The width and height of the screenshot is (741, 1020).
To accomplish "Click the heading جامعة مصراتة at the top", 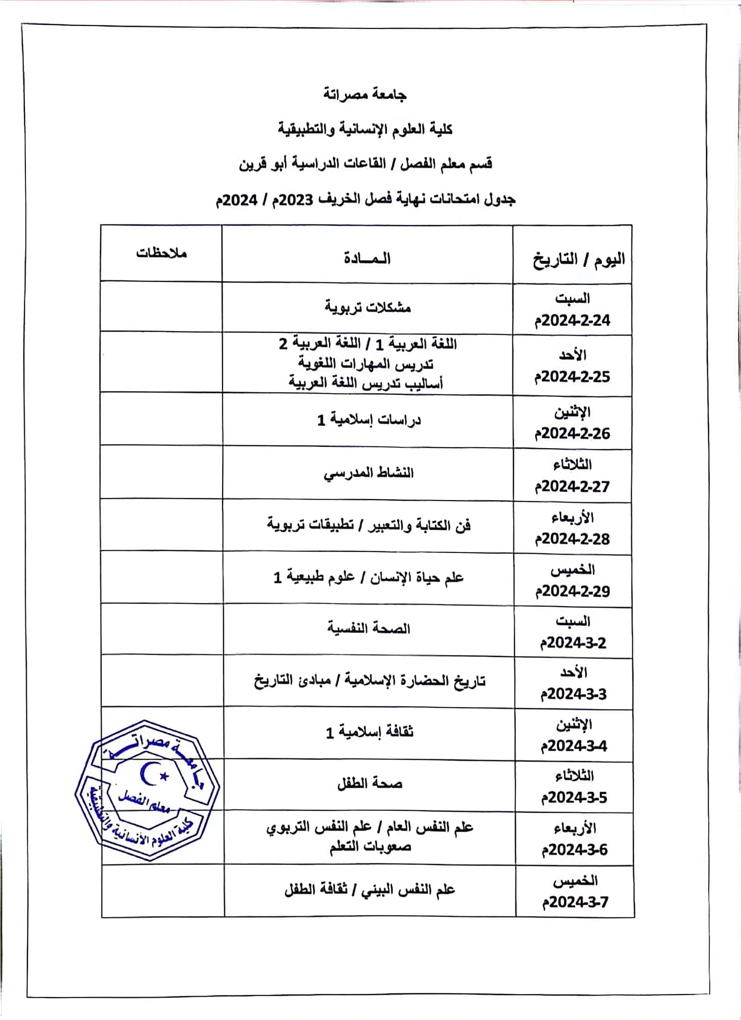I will (x=365, y=94).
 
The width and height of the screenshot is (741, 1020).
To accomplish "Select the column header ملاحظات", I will (x=161, y=253).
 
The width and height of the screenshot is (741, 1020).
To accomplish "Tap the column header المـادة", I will (x=368, y=258).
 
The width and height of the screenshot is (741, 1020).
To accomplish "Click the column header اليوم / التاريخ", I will (x=579, y=259).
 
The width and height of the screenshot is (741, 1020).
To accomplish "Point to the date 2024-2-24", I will (x=573, y=320).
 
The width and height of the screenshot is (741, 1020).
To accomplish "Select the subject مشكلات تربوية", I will (x=368, y=307).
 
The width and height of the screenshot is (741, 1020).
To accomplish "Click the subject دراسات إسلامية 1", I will (x=369, y=420).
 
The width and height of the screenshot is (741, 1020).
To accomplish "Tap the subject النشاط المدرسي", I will (x=369, y=473).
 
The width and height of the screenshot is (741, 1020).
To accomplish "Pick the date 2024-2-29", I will (x=573, y=591).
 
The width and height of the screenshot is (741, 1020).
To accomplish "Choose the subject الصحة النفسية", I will (x=369, y=629).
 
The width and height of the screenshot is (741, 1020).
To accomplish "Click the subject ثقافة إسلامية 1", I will (x=370, y=732).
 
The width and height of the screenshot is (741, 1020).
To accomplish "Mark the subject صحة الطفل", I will (x=370, y=784).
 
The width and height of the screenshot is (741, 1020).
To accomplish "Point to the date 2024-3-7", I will (x=575, y=902).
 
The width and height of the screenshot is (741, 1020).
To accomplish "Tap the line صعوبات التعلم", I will (x=370, y=847).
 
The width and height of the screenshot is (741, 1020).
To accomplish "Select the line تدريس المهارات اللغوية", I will (x=366, y=364).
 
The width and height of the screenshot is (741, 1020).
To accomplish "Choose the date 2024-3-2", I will (x=574, y=643).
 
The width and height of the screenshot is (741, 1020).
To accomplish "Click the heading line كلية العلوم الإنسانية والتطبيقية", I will (x=365, y=129).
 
